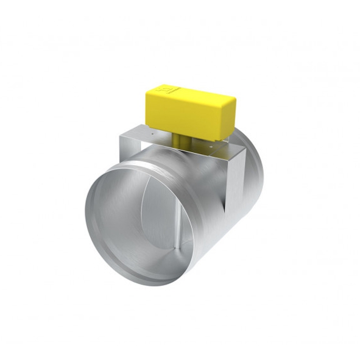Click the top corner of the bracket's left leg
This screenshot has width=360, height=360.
coord(121,130)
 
